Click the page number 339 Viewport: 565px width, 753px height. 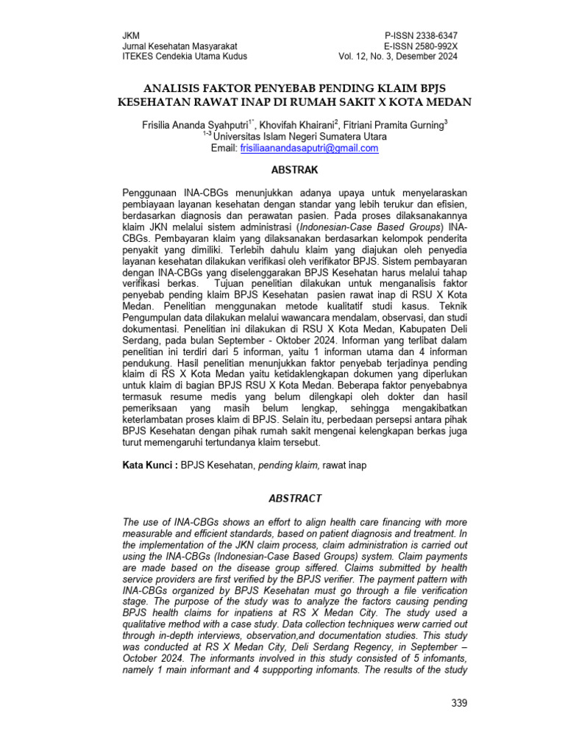click(458, 704)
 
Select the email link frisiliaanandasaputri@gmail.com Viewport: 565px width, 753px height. click(309, 148)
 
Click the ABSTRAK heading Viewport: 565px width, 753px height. click(294, 170)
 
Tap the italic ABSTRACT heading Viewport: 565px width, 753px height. click(294, 499)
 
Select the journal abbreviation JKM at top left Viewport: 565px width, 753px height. click(129, 36)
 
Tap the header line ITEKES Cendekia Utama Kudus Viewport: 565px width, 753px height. click(184, 57)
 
